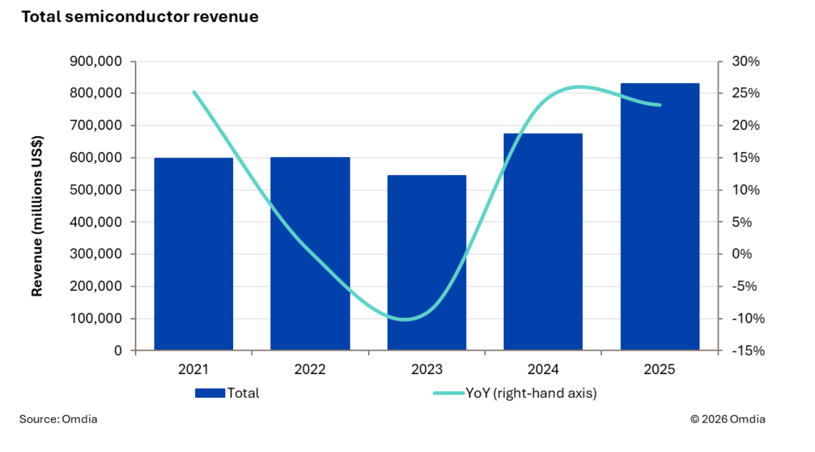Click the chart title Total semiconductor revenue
(140, 17)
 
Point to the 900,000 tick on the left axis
(96, 61)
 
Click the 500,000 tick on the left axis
(96, 190)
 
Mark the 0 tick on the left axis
(118, 351)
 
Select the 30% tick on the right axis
(744, 61)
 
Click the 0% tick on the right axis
(744, 254)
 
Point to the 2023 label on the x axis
(427, 370)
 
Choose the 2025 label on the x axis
(660, 370)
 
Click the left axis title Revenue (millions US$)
(37, 216)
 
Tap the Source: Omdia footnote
(58, 419)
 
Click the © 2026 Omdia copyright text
(727, 419)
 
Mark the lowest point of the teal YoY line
(405, 319)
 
